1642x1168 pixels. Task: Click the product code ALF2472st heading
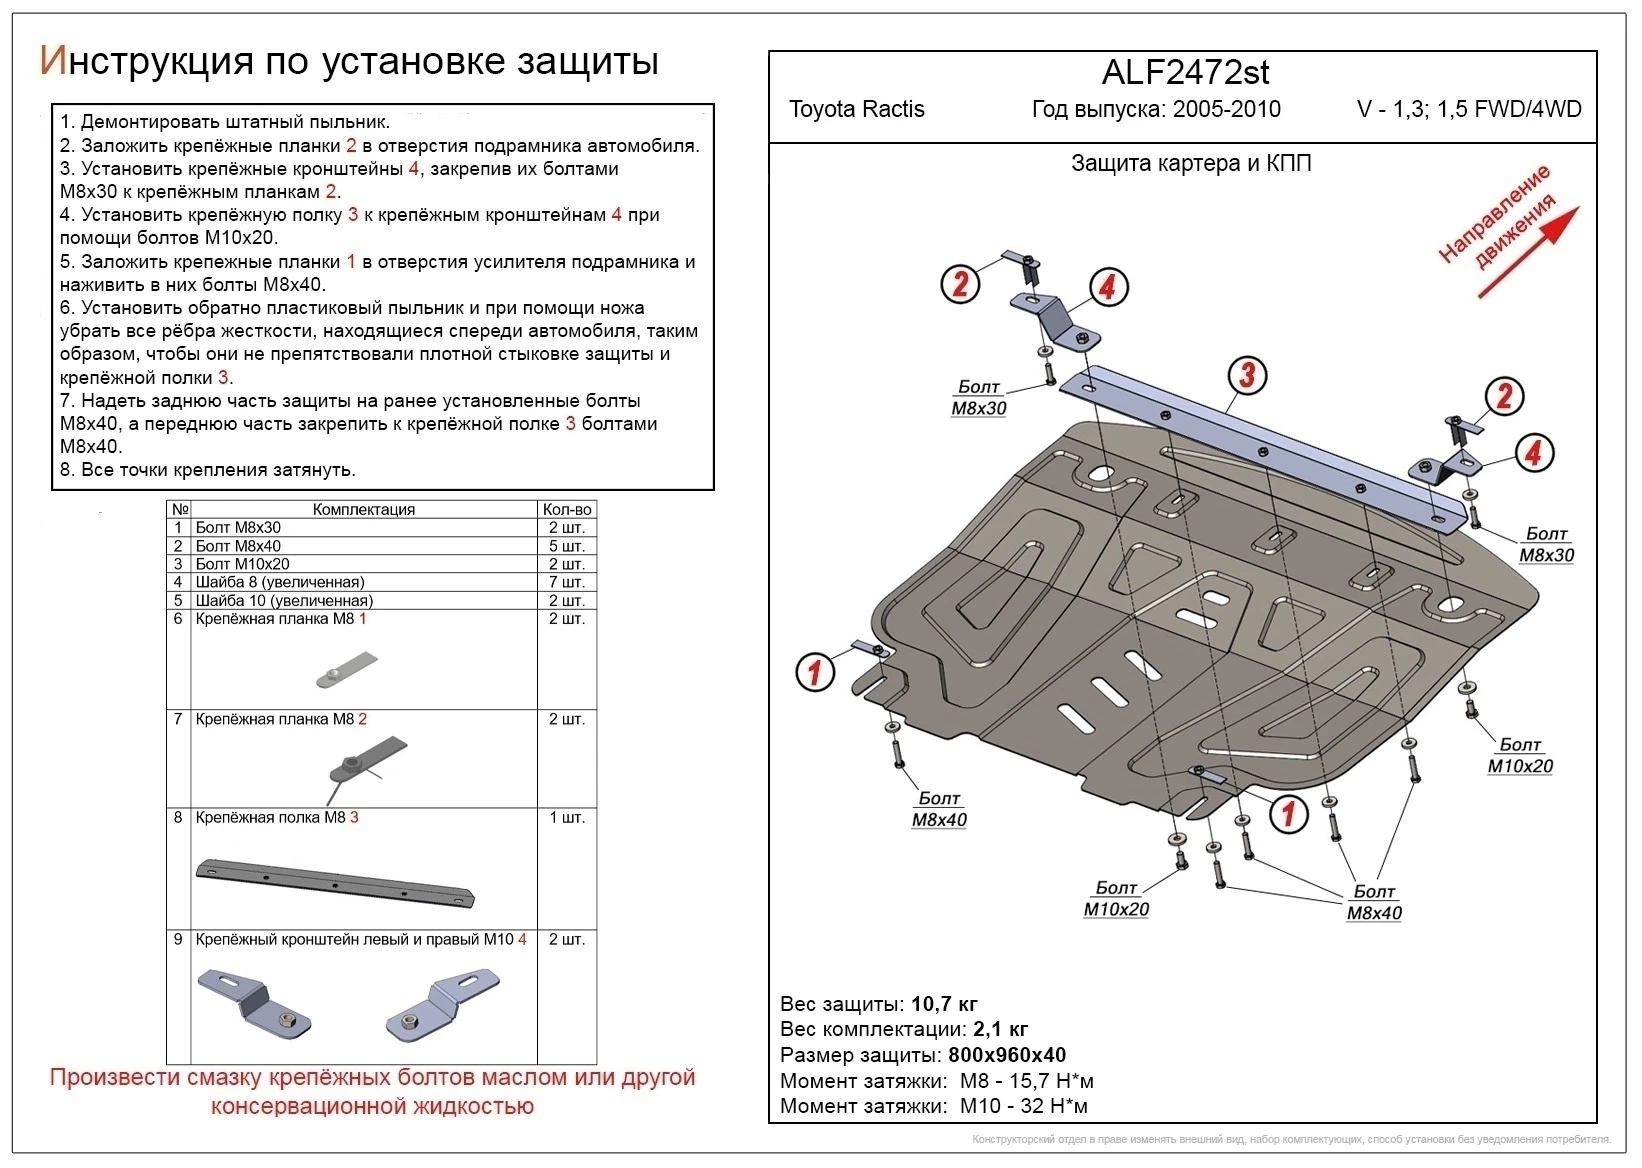click(x=1185, y=73)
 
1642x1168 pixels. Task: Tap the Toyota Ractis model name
click(x=856, y=110)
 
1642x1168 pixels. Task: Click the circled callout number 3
click(x=1247, y=375)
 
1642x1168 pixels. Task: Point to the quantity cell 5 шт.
click(x=566, y=546)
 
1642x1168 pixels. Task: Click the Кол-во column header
click(x=566, y=509)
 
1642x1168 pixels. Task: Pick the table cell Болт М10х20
click(x=242, y=564)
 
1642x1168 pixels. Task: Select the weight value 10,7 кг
click(x=944, y=1004)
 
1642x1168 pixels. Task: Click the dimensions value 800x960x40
click(x=1006, y=1055)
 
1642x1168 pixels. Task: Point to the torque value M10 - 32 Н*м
click(x=1023, y=1106)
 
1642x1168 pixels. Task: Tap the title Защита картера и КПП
click(x=1190, y=164)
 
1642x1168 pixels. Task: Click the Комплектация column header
click(x=363, y=509)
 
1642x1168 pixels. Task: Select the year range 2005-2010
click(x=1226, y=110)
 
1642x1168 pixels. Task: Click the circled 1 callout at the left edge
click(x=814, y=671)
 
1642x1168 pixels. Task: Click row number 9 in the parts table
click(x=178, y=939)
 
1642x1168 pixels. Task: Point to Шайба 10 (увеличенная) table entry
click(x=284, y=600)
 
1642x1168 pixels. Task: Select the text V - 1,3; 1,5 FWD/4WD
click(x=1468, y=110)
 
